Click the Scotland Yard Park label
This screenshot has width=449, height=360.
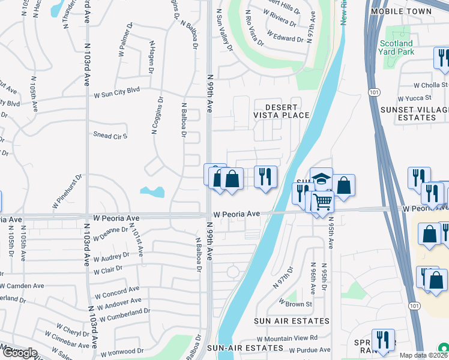click(397, 47)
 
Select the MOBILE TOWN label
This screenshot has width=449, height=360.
click(401, 11)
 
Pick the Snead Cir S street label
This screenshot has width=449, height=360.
click(110, 136)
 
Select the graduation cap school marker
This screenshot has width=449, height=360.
click(321, 179)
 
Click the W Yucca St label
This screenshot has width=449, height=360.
click(415, 98)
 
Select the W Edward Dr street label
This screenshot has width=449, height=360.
click(285, 38)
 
